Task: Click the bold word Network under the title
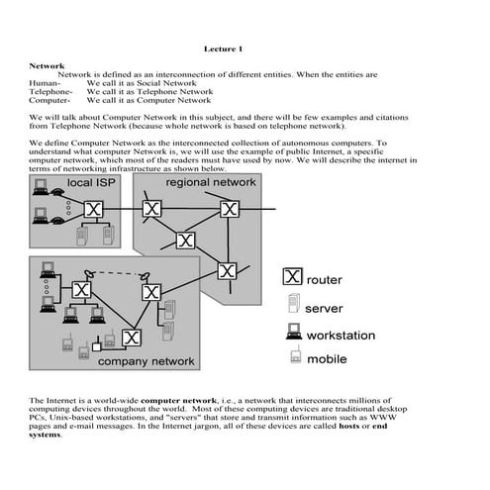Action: click(x=47, y=65)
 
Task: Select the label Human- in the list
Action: click(x=45, y=83)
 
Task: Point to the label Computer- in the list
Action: click(x=49, y=100)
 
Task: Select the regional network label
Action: click(x=210, y=183)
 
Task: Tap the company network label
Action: click(x=146, y=361)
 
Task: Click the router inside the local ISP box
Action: click(x=93, y=210)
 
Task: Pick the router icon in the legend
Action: click(x=292, y=278)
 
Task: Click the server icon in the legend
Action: click(x=293, y=306)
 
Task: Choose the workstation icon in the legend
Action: click(x=293, y=333)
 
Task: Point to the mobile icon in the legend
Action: click(x=293, y=357)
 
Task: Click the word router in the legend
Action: click(x=326, y=280)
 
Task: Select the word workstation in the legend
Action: click(x=342, y=335)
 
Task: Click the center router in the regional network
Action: click(x=184, y=240)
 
